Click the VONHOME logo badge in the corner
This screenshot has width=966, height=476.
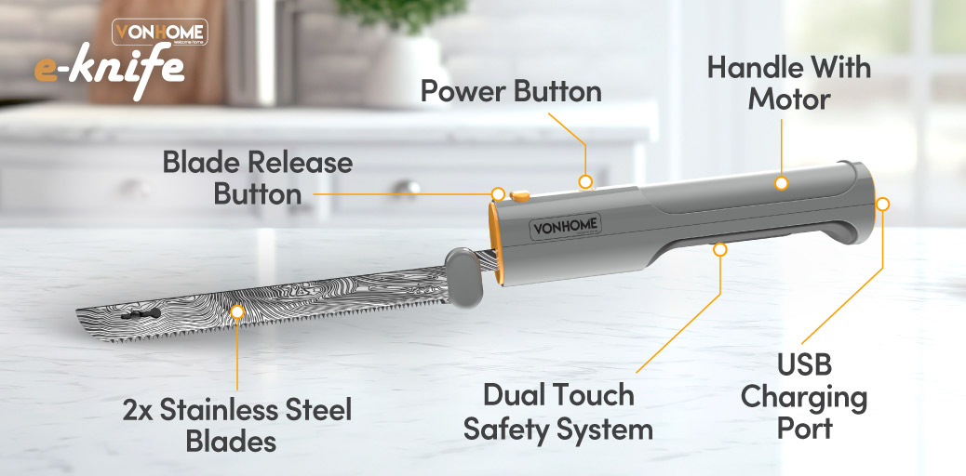pos(159,32)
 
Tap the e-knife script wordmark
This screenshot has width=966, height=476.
pos(110,71)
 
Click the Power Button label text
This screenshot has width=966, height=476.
pos(511,92)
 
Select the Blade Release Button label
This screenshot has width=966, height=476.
pos(258,178)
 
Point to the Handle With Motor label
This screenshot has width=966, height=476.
pos(789,83)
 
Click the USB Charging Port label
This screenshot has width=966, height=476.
pos(804,397)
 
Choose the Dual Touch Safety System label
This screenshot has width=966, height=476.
pos(557,411)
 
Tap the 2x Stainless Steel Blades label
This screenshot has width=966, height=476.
pos(237,426)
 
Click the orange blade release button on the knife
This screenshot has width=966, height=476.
pos(520,196)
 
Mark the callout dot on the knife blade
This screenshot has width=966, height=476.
pos(237,311)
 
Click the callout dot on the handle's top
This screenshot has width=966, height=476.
pos(781,183)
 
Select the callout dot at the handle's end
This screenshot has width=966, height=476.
pos(883,204)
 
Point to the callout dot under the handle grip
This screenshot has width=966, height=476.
pos(719,249)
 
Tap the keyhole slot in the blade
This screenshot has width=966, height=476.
pos(141,313)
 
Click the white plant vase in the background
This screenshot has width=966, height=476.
pos(404,69)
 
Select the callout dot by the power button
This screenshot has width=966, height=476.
pos(585,181)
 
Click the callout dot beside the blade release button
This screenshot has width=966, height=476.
pos(499,194)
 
